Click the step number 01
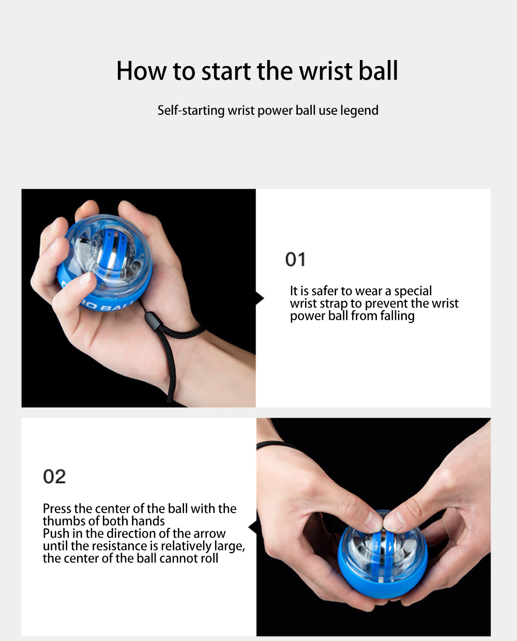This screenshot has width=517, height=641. tap(295, 260)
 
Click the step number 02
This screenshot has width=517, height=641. tap(54, 477)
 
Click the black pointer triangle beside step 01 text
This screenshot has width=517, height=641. tap(260, 298)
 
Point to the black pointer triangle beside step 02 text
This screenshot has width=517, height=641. tap(252, 527)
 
